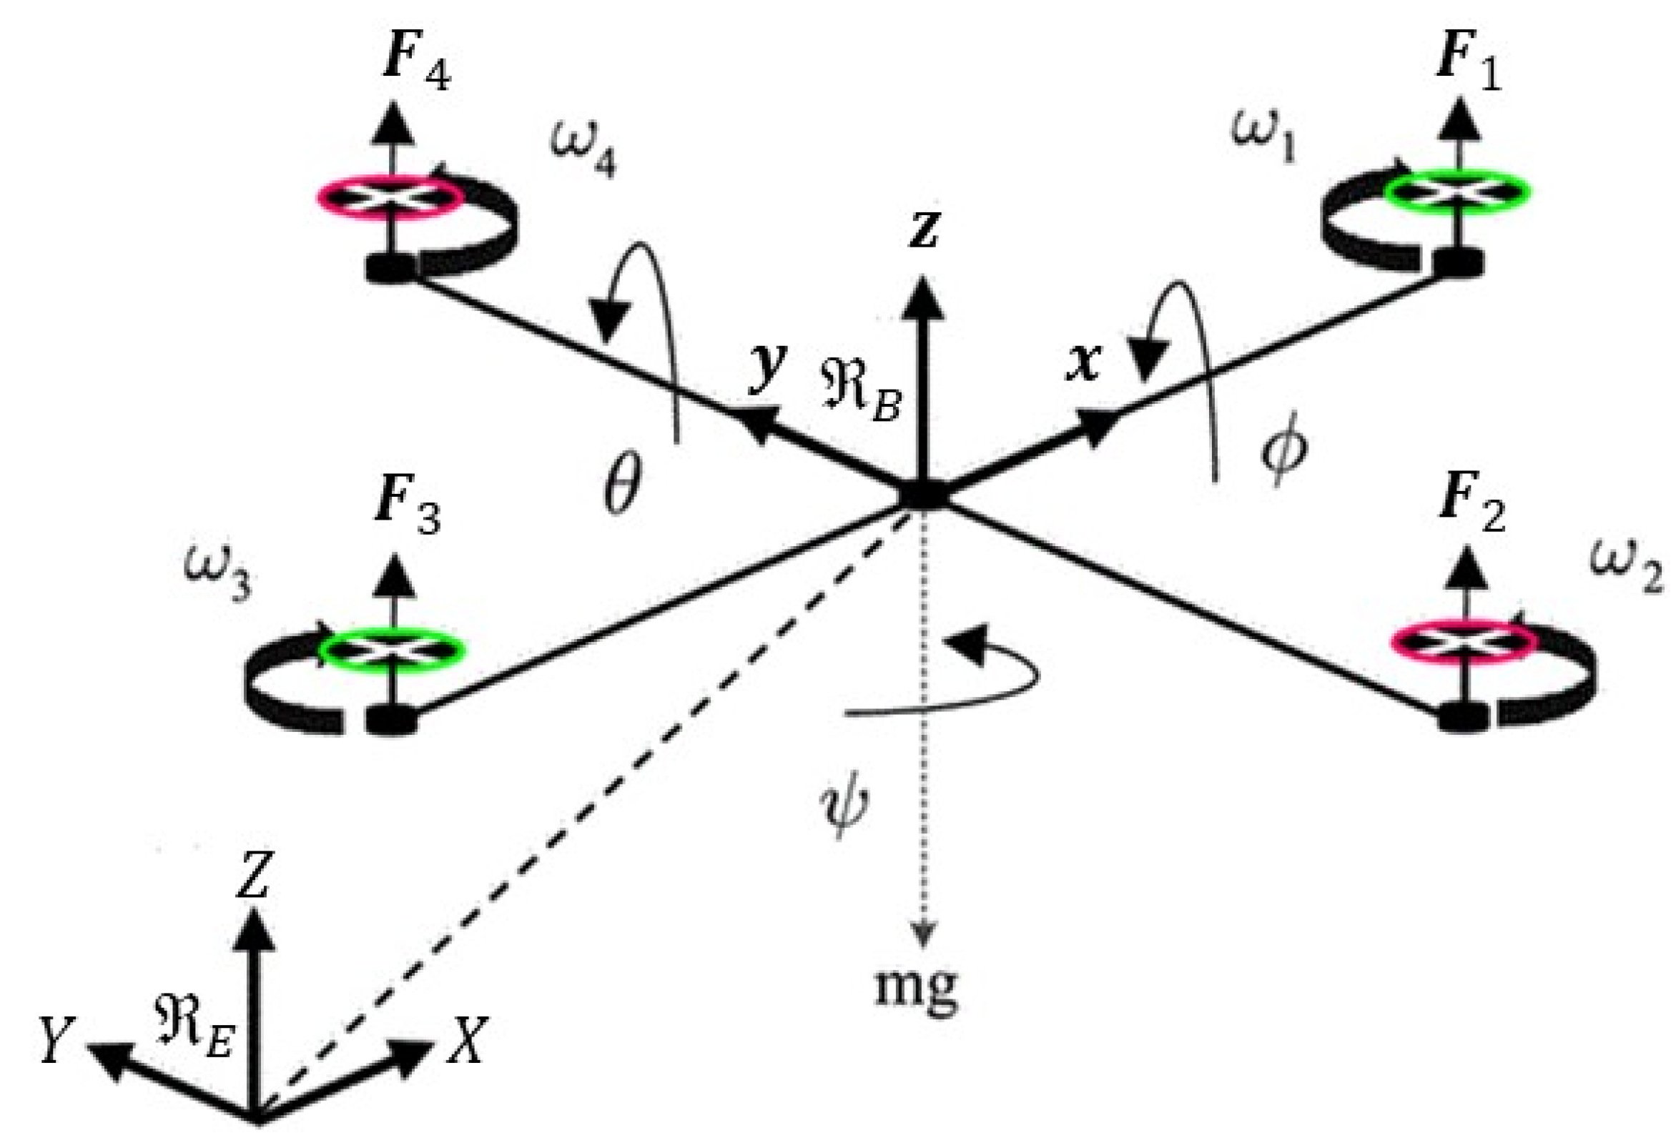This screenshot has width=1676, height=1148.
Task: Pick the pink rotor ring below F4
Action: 390,195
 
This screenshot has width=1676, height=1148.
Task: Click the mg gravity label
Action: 917,987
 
